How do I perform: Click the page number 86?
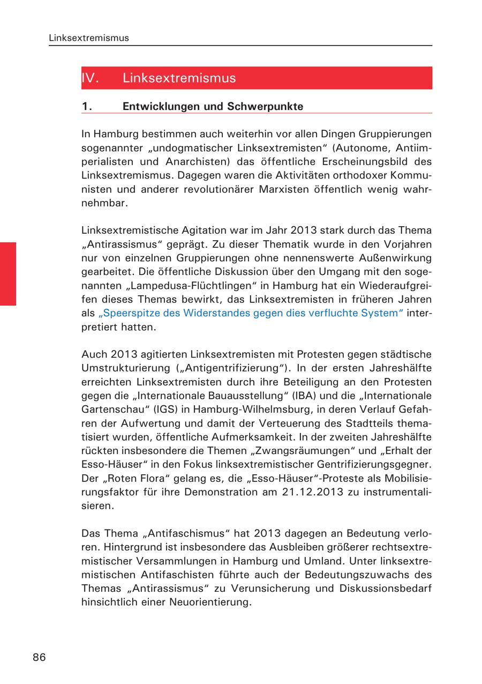tap(39, 657)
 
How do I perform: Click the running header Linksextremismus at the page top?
tap(88, 38)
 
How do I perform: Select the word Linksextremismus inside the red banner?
tap(179, 78)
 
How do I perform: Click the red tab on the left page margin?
tap(8, 273)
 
